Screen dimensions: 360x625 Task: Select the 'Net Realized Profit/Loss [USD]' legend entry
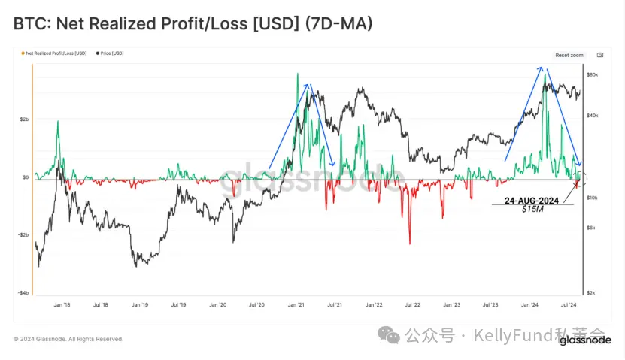pos(57,53)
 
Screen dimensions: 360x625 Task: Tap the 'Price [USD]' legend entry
pos(111,53)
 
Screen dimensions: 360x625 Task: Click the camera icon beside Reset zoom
pos(599,55)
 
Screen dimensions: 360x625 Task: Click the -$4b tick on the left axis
pos(23,292)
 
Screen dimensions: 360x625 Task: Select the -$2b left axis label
pos(23,234)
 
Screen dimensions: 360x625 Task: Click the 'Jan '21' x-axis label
pos(294,306)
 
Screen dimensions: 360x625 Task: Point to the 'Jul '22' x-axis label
pos(411,306)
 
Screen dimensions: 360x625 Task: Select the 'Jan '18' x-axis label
pos(62,306)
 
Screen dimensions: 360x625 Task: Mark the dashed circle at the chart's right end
pos(579,179)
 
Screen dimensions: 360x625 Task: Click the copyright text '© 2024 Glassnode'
pos(68,339)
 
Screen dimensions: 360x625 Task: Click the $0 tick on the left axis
pos(24,177)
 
